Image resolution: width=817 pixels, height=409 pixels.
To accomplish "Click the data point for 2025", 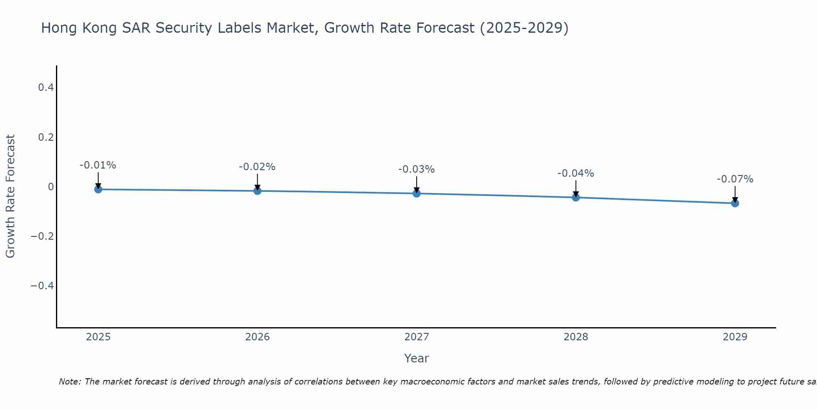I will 98,189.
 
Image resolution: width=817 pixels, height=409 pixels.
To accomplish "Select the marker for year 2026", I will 257,191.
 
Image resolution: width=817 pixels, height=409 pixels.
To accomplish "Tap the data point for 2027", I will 417,193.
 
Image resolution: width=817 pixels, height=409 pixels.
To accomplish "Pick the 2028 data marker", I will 576,198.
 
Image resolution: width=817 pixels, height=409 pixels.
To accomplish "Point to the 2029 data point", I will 735,203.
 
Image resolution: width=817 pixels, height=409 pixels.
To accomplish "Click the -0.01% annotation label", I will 98,165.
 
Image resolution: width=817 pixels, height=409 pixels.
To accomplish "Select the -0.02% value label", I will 257,167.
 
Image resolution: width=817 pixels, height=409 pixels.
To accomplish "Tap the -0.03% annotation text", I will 416,169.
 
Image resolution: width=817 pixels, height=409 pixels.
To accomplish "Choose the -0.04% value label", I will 576,173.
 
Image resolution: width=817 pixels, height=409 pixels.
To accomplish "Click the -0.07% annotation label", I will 735,179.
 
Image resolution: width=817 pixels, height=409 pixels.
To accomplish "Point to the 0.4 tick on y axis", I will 46,88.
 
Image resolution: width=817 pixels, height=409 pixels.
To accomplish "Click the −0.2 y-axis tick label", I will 42,236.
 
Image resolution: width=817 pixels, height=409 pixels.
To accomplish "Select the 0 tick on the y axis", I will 51,187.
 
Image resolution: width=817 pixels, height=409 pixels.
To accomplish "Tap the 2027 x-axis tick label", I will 417,337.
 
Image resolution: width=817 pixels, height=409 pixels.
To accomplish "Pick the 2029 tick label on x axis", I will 735,337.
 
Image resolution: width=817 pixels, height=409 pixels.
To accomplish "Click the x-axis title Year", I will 416,358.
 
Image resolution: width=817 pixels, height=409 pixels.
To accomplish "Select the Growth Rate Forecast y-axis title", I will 10,196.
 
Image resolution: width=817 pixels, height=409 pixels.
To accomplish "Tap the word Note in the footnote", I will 69,382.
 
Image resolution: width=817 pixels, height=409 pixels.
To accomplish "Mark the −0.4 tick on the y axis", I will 42,285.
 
